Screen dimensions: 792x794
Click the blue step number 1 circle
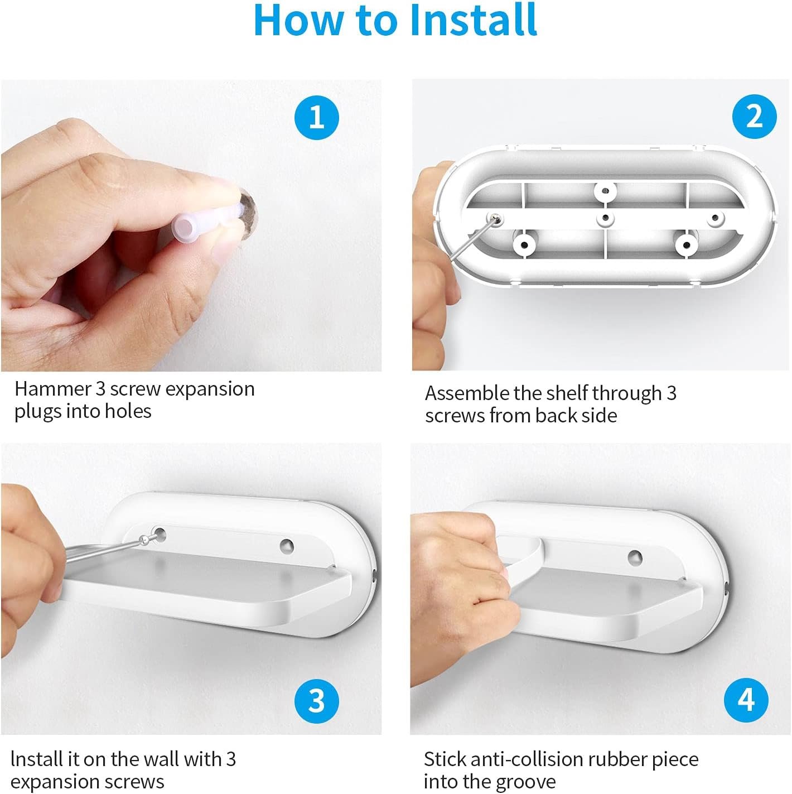[316, 117]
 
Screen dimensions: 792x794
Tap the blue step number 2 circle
[754, 117]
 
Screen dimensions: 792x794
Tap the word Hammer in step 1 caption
[53, 389]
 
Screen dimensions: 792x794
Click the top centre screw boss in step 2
[605, 191]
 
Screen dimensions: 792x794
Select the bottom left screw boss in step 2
[525, 244]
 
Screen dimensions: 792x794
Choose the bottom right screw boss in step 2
[686, 246]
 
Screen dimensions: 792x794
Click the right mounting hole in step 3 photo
[287, 546]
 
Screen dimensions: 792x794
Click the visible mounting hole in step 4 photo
[635, 557]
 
